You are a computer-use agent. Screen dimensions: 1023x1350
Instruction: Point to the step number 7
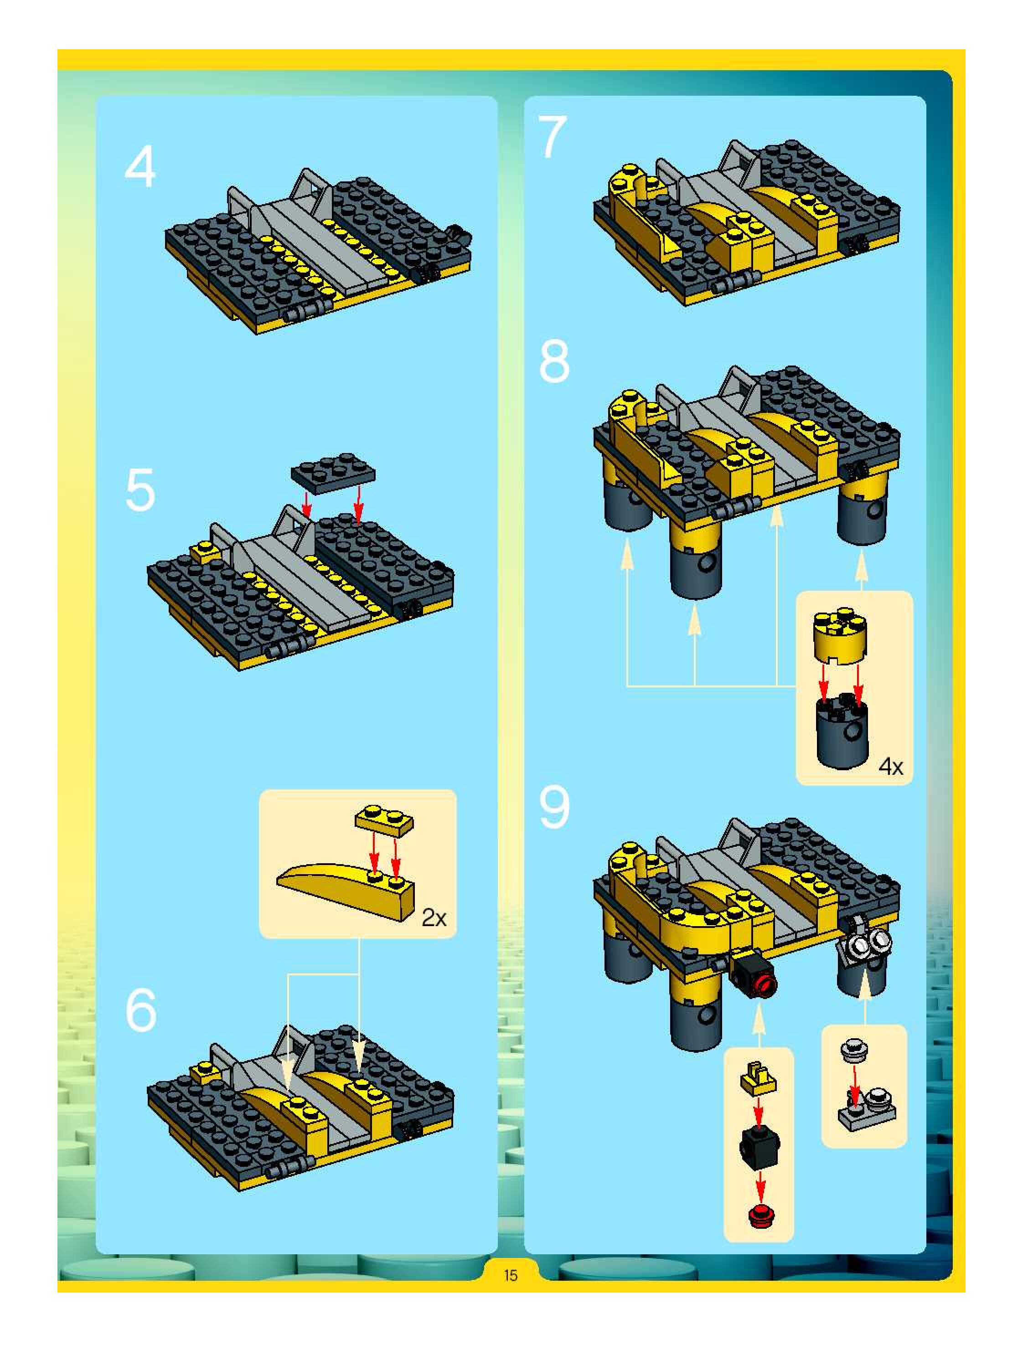[553, 137]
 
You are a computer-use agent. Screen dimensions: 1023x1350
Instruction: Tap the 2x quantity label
[434, 918]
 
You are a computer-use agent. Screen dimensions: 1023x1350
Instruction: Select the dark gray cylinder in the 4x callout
[842, 731]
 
